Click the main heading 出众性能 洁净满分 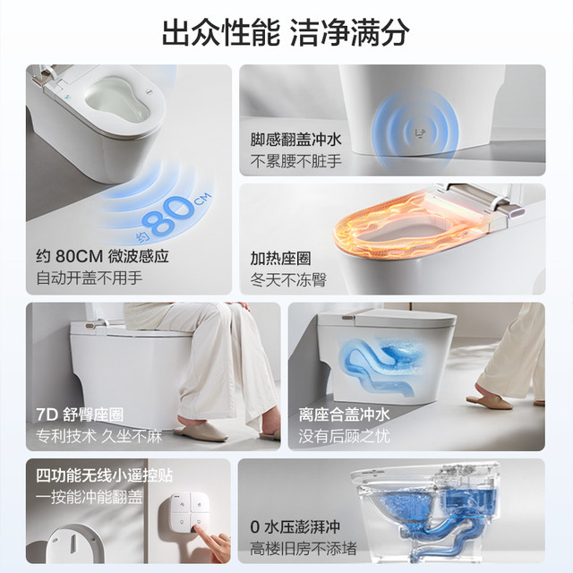[286, 32]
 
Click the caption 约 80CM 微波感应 [103, 256]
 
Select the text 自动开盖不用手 [90, 278]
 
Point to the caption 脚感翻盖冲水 [295, 140]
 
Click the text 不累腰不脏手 [295, 161]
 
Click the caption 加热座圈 [280, 259]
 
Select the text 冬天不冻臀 [288, 280]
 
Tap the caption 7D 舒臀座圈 [80, 415]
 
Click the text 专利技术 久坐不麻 [98, 436]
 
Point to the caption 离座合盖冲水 [344, 415]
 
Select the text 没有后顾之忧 [344, 436]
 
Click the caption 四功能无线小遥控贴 [104, 475]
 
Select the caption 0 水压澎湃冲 [295, 526]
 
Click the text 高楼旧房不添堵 [304, 548]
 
